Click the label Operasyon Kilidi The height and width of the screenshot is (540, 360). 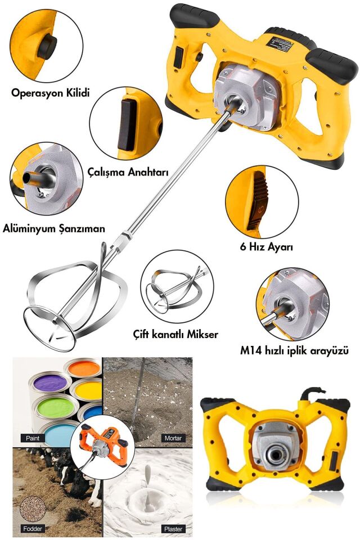(51, 92)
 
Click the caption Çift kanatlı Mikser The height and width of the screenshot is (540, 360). (175, 334)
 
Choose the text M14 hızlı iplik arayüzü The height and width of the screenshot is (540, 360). (299, 352)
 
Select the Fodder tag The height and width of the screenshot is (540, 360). (33, 528)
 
